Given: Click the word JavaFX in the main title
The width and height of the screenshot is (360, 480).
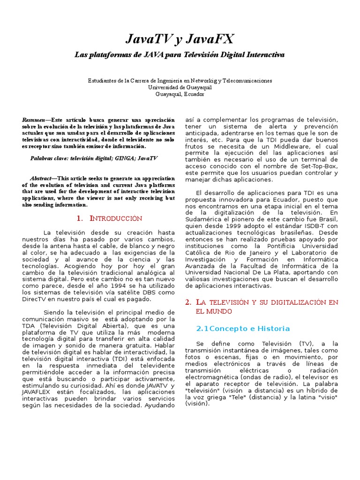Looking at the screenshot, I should coord(210,39).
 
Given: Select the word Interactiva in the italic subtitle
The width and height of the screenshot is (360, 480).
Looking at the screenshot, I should coord(266,55).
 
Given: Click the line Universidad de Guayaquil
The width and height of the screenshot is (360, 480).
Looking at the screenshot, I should coord(180,87).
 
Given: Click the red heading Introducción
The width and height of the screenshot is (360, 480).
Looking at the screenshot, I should coord(115,218).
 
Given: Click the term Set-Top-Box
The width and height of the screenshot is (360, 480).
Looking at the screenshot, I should coord(319,166).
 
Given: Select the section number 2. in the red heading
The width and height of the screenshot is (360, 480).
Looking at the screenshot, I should coord(188,302).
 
